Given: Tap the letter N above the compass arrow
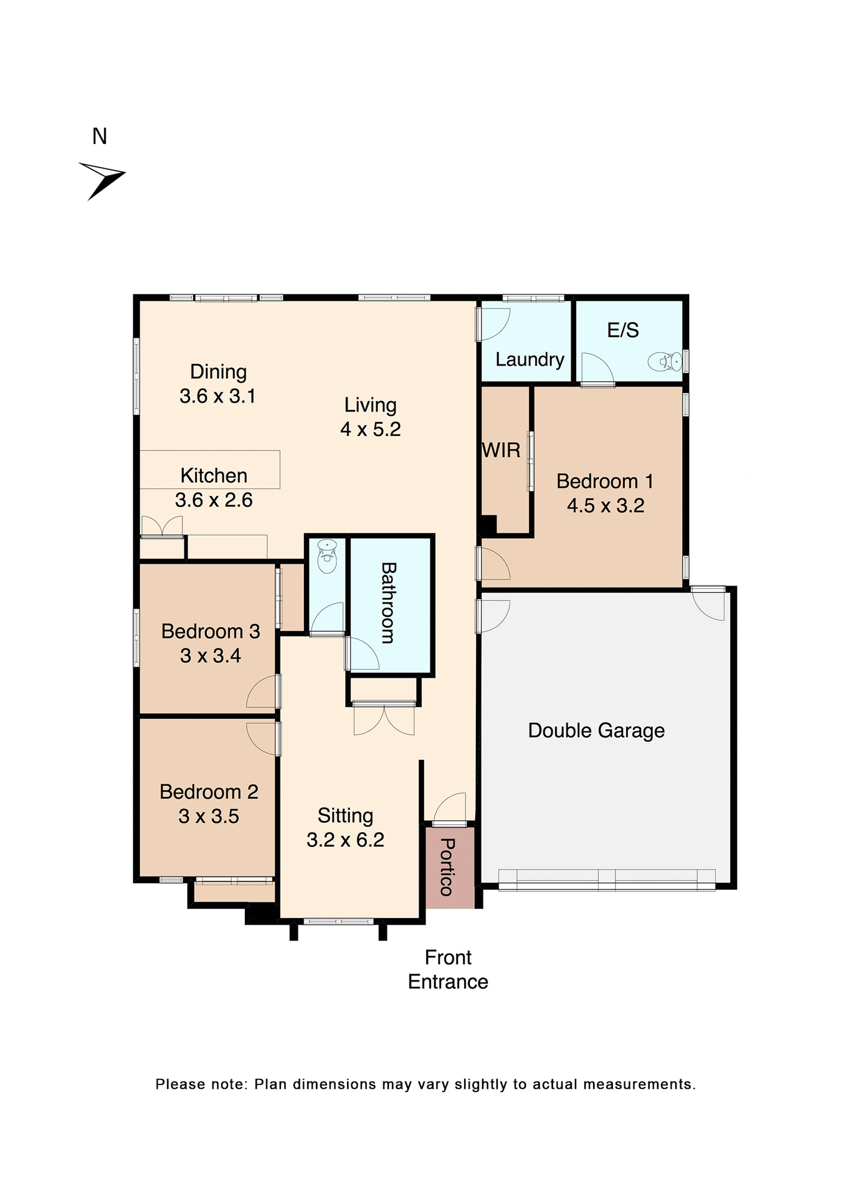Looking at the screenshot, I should click(100, 136).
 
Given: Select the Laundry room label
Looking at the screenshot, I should click(530, 359).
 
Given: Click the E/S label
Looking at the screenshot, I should click(623, 330).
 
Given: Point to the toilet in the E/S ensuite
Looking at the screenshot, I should click(664, 361).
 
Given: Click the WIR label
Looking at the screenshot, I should click(501, 450).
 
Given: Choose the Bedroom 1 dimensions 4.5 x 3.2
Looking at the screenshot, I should click(605, 505).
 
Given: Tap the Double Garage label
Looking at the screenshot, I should click(596, 730).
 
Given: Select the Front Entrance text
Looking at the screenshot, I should click(448, 969).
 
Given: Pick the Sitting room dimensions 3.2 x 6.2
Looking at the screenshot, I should click(345, 840).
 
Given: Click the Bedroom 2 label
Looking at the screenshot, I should click(209, 792).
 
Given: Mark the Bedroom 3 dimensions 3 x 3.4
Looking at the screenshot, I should click(211, 655).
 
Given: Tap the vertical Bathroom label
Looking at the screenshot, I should click(389, 602).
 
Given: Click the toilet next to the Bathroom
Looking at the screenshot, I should click(327, 556).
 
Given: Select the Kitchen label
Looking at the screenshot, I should click(214, 475).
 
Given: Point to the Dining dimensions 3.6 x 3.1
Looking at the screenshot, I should click(217, 396).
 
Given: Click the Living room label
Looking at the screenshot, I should click(370, 405).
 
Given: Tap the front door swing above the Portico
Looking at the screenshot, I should click(450, 809).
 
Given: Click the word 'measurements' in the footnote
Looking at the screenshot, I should click(638, 1084).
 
